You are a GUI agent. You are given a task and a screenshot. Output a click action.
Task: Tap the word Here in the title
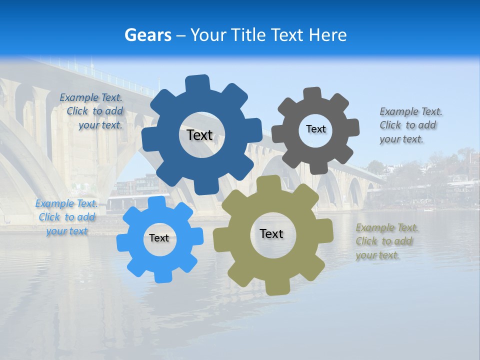(327, 35)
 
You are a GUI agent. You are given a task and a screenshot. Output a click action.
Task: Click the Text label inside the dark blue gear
(199, 135)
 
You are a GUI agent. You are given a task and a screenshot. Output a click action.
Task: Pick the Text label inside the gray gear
(315, 129)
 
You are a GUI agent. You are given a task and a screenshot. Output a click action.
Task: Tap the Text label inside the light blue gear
(159, 238)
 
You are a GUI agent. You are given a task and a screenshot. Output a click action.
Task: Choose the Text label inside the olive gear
(271, 233)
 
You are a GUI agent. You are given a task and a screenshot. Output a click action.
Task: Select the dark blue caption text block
(91, 111)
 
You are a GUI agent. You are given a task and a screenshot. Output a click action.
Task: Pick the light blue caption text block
(66, 217)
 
